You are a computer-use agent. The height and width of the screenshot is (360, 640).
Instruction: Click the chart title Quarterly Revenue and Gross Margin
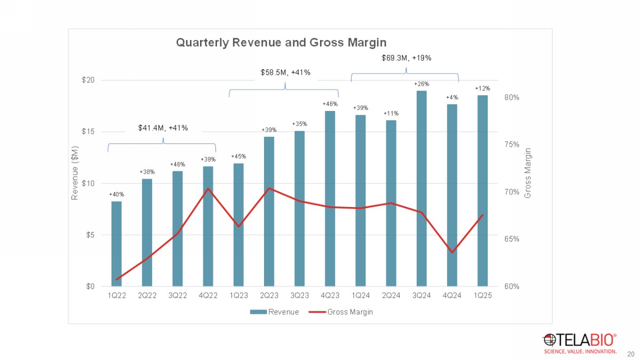[281, 42]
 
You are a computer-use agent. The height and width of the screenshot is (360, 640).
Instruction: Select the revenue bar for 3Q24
[421, 187]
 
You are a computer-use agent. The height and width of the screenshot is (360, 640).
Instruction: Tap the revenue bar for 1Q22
[116, 243]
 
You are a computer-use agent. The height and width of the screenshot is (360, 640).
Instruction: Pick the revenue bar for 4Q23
[330, 197]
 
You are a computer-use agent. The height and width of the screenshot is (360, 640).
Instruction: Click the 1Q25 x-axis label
[482, 297]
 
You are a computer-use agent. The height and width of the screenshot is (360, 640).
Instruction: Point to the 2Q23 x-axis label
[269, 297]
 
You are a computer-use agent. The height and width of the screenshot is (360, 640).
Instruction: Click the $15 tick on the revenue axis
[87, 132]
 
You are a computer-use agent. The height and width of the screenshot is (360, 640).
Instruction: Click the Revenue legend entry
[277, 312]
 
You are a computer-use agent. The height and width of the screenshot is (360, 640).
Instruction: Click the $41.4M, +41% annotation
[163, 128]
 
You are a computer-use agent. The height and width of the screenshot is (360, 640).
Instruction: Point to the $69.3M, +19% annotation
[406, 58]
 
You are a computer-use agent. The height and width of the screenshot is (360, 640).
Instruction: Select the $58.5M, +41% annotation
[285, 72]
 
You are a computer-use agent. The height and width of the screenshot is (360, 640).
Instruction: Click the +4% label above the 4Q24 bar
[452, 97]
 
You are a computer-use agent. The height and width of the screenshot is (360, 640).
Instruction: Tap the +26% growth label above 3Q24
[421, 84]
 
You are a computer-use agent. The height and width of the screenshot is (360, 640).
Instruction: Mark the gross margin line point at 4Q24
[452, 252]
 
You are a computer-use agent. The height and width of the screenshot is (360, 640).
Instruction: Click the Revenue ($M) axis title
[75, 173]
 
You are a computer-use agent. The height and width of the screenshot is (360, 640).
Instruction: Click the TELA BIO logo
[580, 343]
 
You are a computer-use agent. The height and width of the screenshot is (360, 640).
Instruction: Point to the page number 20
[631, 354]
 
